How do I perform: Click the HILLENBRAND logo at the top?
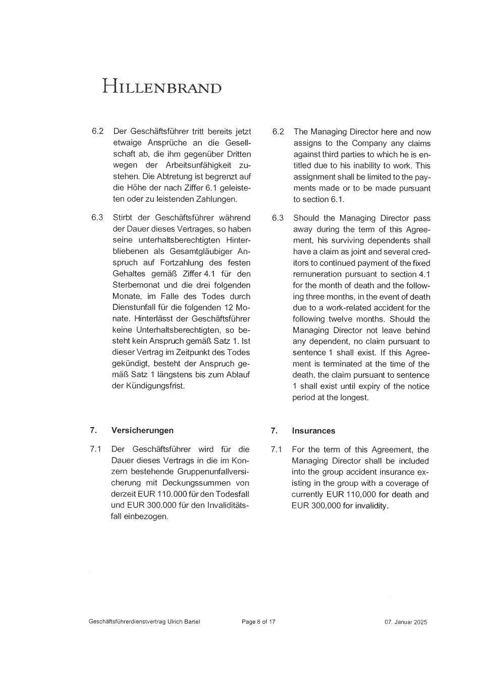point(161,86)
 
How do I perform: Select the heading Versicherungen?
point(142,430)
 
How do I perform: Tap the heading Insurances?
point(313,431)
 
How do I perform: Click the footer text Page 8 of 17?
point(258,621)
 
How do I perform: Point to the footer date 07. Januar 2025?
point(405,622)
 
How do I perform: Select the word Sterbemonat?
point(133,285)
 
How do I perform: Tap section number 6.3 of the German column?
point(97,217)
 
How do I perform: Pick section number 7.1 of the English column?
point(277,449)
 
